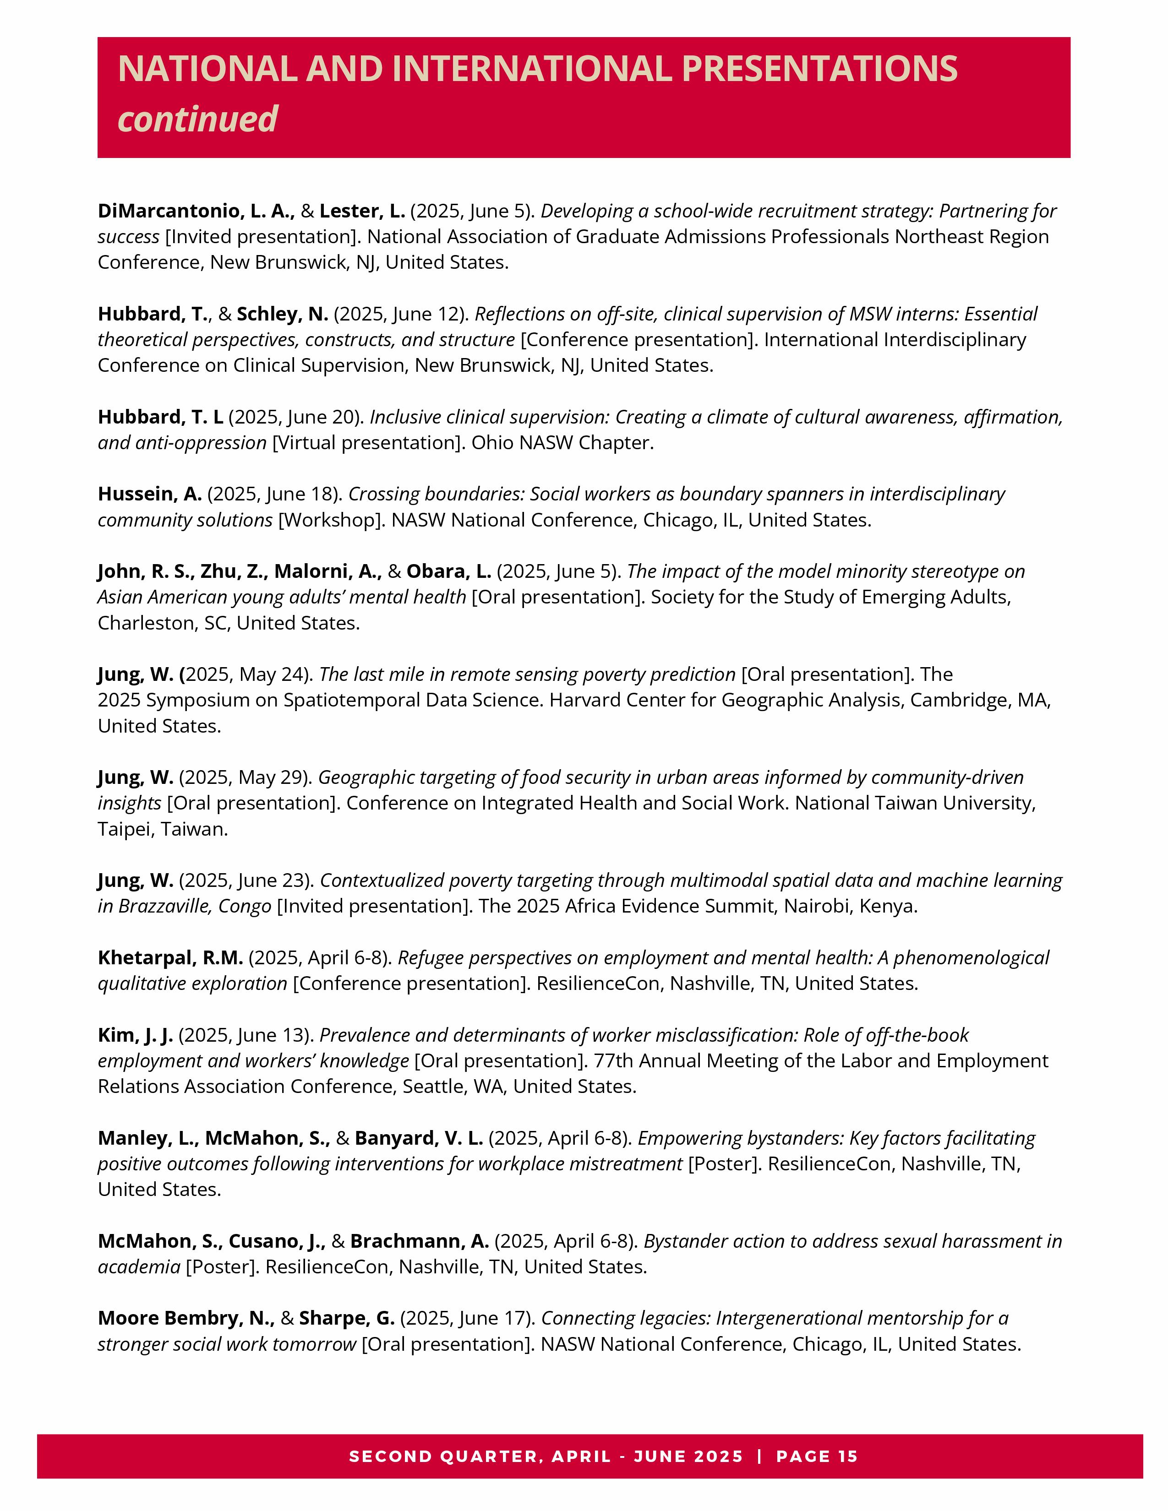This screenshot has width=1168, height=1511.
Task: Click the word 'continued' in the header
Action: (x=197, y=119)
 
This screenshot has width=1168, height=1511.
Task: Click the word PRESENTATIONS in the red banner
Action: (x=819, y=69)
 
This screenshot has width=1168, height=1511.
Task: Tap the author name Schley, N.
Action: (x=282, y=314)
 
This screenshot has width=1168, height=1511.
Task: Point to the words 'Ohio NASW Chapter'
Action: (x=562, y=443)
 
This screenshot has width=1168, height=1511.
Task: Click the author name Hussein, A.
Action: (x=149, y=494)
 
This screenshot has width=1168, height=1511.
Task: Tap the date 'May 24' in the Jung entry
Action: (x=277, y=674)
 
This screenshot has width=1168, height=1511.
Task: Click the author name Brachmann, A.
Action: (x=419, y=1241)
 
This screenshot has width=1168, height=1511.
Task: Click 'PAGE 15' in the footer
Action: (x=817, y=1457)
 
